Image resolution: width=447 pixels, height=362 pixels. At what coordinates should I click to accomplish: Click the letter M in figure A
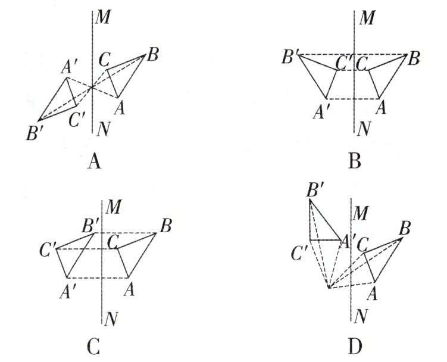click(104, 18)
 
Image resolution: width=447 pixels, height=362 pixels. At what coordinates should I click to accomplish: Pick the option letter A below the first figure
click(92, 160)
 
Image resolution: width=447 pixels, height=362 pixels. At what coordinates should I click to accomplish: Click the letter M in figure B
click(368, 18)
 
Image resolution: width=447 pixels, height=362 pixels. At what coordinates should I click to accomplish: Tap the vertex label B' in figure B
click(292, 58)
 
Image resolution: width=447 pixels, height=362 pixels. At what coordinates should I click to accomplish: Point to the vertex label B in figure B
click(415, 59)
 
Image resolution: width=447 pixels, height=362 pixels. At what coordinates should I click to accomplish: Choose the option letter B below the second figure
click(355, 160)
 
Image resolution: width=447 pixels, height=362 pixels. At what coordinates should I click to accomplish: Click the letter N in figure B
click(367, 127)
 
